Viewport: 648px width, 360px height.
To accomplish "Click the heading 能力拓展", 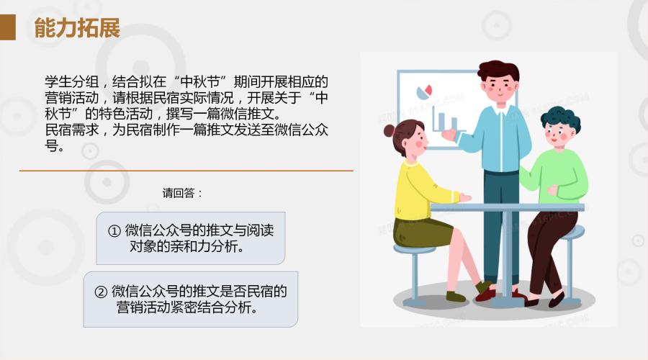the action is point(77,28).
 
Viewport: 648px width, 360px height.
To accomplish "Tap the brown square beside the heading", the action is point(7,27).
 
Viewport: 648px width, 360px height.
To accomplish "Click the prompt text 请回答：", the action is point(183,193).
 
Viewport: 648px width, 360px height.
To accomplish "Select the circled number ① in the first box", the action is point(114,230).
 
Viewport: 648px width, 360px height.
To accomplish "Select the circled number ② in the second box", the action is point(102,292).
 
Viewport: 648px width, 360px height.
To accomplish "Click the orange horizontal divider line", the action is point(186,171).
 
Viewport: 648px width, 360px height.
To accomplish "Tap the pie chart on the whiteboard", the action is point(424,92).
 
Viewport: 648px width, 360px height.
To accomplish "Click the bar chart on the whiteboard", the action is point(446,119).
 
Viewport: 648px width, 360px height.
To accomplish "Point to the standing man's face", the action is point(499,87).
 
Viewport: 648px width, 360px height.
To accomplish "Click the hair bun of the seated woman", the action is point(390,131).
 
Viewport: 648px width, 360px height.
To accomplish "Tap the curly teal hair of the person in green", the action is point(561,117).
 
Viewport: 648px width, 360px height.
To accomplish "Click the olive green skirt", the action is point(421,233).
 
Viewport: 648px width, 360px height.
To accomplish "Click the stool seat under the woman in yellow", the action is point(414,249).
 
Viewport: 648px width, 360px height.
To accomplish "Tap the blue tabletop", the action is point(508,207).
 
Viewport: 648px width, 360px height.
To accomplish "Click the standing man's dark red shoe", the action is point(486,294).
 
